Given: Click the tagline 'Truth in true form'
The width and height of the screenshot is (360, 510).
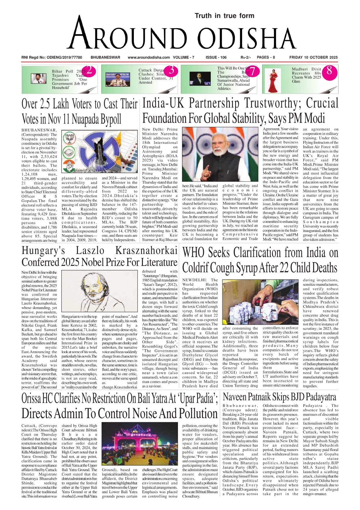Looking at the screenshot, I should pos(224,16).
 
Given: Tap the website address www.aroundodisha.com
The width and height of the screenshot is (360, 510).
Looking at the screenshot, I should pos(149,57).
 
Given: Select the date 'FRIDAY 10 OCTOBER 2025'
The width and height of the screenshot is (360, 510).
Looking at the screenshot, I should pos(313,57).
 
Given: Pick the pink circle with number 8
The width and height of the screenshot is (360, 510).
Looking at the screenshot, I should pos(329,71).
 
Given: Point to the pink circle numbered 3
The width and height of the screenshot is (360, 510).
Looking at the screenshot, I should pos(172,70).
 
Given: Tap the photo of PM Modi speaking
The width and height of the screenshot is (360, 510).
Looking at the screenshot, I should pos(220,155).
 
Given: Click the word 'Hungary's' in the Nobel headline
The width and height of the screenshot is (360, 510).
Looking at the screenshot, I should pos(43,250).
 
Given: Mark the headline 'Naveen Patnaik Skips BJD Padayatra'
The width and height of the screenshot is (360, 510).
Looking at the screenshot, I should pos(279,397).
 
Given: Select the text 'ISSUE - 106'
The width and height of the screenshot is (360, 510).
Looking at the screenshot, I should pos(216,57).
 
